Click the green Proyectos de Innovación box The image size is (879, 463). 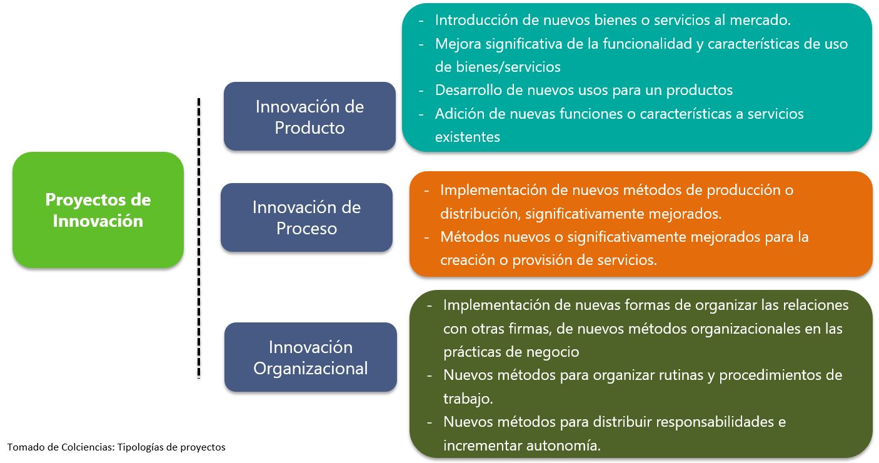(98, 210)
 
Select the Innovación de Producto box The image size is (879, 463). (309, 116)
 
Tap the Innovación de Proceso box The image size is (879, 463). (306, 217)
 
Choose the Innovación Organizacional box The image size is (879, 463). (310, 357)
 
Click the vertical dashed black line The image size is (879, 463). (199, 238)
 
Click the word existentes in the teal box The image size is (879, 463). (468, 137)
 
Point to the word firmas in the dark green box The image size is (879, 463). (526, 329)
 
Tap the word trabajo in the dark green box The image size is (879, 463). (468, 399)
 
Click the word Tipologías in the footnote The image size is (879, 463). (140, 447)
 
